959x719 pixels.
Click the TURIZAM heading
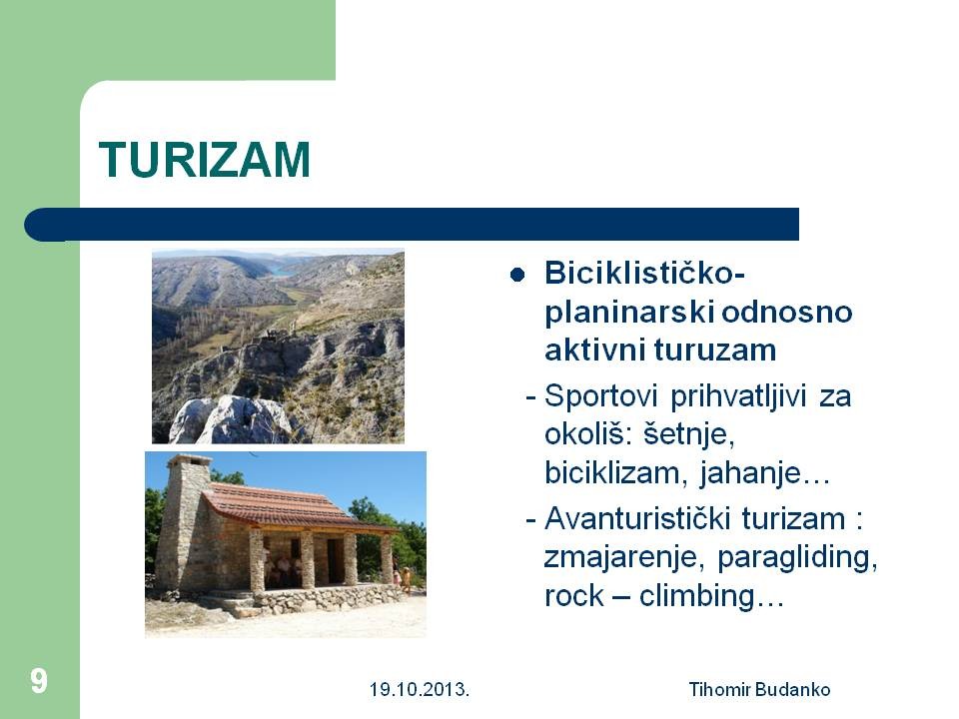(204, 160)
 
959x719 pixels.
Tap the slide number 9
(38, 681)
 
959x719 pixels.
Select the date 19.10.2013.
(420, 690)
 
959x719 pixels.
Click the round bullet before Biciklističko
(517, 275)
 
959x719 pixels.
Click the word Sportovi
(600, 396)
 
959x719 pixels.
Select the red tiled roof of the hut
(288, 504)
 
